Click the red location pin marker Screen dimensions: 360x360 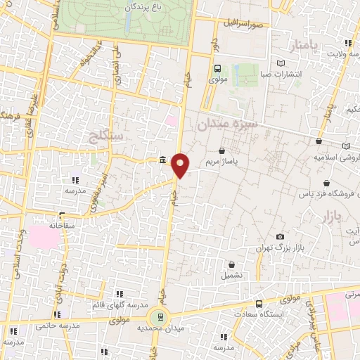181,165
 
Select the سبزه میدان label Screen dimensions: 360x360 229,124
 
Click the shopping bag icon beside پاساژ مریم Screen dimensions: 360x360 223,150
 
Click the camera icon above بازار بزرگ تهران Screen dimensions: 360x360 281,236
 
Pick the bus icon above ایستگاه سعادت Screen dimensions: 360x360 259,304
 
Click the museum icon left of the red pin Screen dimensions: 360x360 163,161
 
